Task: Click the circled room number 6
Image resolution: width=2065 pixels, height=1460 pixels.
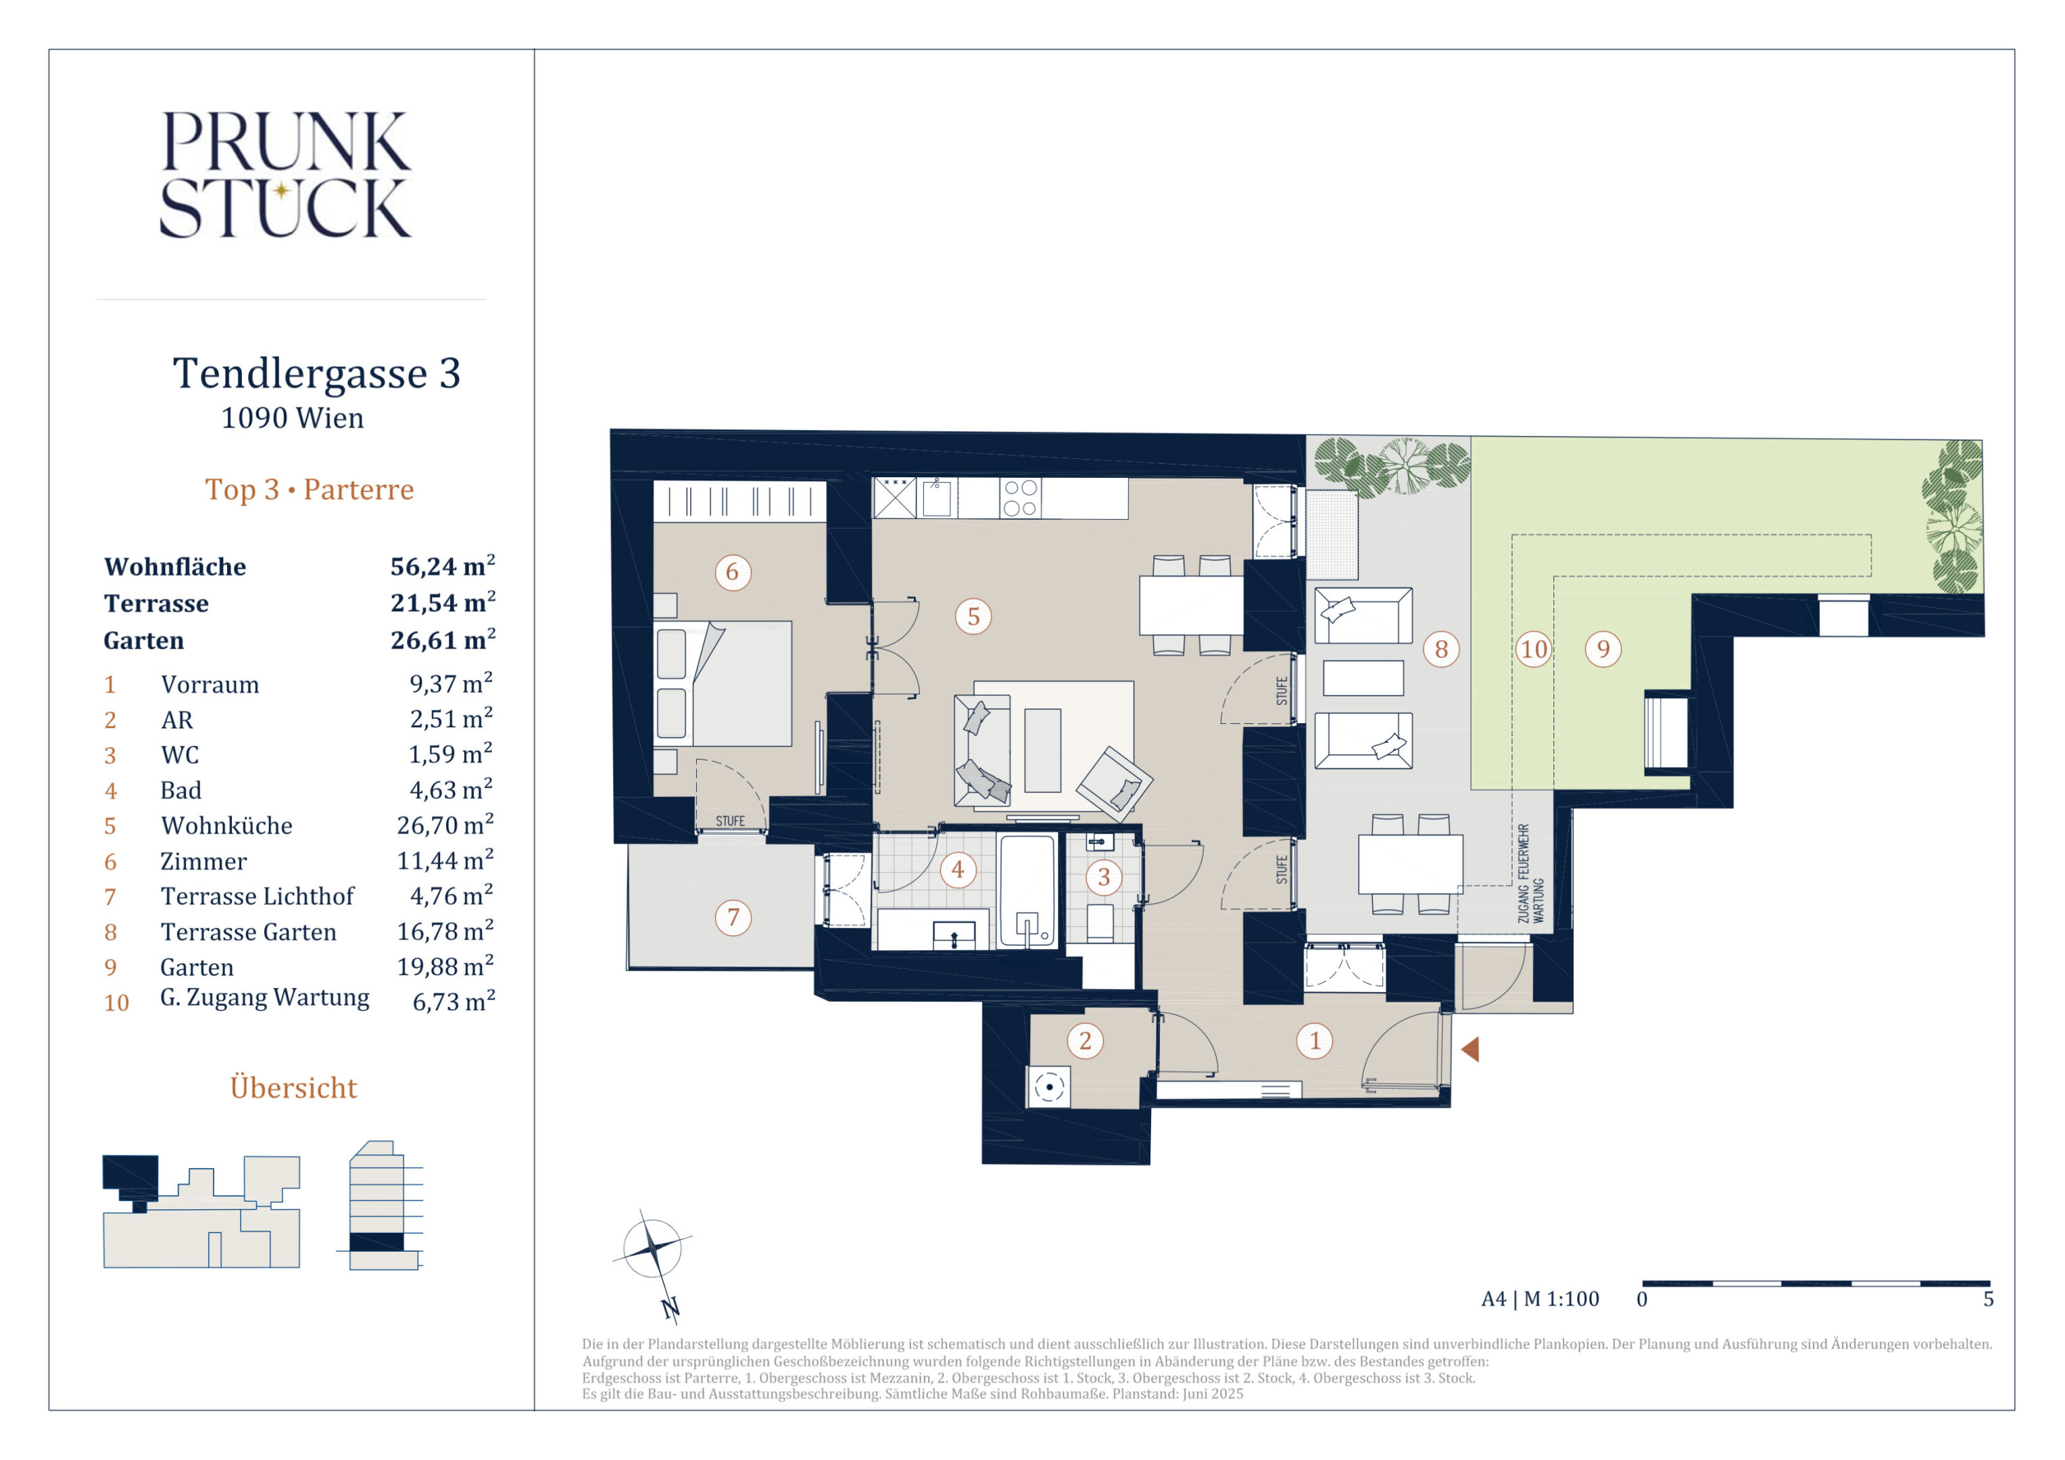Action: (x=732, y=572)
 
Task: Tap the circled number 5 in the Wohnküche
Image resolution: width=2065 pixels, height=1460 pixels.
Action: (x=973, y=617)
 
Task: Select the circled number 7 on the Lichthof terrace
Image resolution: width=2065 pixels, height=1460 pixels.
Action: (x=733, y=917)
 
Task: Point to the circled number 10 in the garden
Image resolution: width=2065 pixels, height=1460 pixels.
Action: (x=1534, y=650)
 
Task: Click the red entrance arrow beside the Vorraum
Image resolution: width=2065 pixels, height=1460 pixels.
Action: (x=1470, y=1049)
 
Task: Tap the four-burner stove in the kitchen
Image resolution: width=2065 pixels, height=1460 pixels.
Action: (x=1021, y=497)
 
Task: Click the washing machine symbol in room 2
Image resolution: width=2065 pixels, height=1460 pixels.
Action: (x=1048, y=1087)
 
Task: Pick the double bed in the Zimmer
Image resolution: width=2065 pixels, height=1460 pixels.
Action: (x=724, y=683)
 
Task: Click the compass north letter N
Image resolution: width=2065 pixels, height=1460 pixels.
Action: (x=670, y=1308)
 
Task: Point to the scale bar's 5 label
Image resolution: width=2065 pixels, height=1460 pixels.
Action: (x=1989, y=1299)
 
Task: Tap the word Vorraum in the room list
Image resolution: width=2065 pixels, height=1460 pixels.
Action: (x=210, y=685)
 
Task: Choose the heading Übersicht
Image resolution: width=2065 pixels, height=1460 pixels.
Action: (x=293, y=1087)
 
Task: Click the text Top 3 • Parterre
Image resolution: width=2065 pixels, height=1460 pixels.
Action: (x=310, y=489)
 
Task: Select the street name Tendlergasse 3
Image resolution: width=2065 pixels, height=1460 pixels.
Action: (x=316, y=373)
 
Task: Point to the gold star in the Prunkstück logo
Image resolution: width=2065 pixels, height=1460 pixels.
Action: (x=281, y=190)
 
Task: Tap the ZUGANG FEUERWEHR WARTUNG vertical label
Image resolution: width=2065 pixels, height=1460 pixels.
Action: (x=1530, y=873)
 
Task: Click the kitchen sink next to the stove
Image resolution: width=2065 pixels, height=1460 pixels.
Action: (x=936, y=497)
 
